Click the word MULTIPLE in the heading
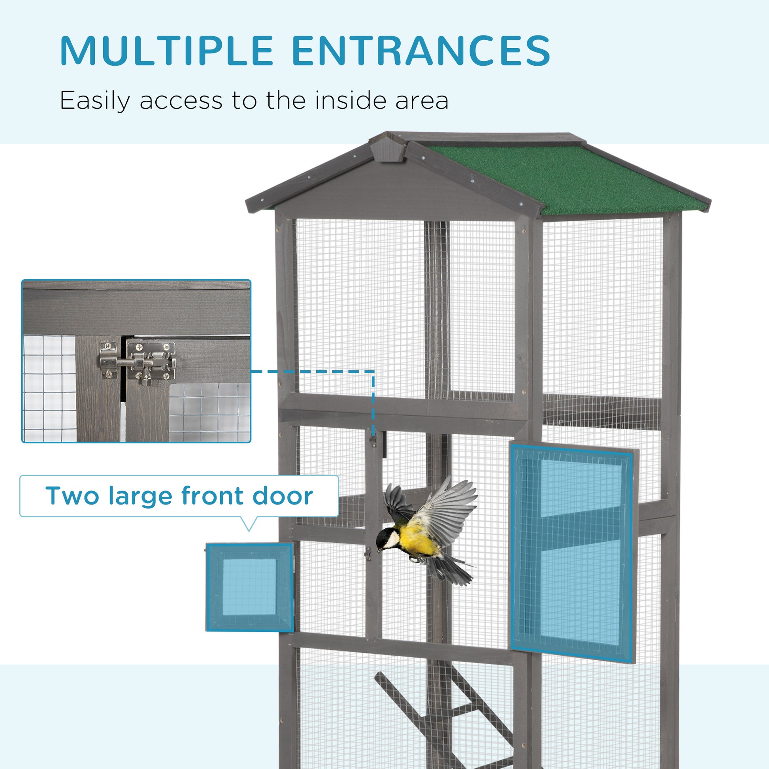click(x=166, y=51)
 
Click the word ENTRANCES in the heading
click(x=421, y=51)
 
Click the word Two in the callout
click(x=72, y=496)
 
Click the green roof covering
click(x=565, y=179)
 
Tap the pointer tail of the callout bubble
click(x=249, y=523)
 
